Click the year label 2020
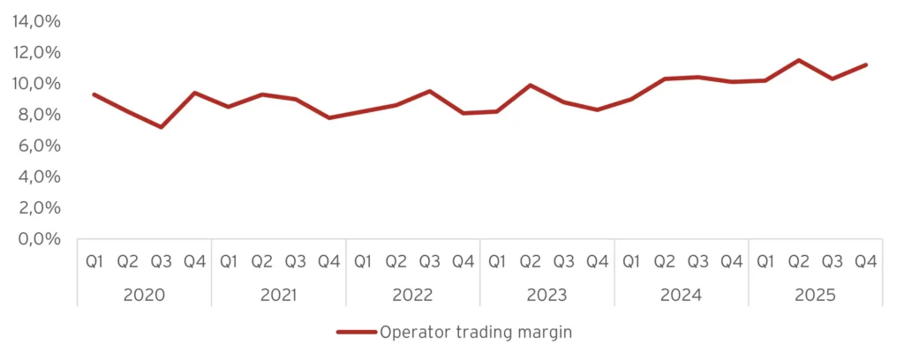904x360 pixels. (x=144, y=295)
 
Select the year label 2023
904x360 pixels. (x=546, y=295)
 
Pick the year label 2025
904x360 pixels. (x=815, y=295)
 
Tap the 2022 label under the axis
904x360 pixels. (x=412, y=295)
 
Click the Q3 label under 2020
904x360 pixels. (x=161, y=261)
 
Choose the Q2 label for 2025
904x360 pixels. (x=798, y=261)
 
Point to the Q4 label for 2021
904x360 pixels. (x=328, y=261)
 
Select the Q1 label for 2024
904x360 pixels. (x=630, y=261)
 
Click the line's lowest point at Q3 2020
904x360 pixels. (x=161, y=127)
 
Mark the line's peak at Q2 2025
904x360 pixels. (x=798, y=60)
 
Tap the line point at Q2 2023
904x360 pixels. (x=530, y=86)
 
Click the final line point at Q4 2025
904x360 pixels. (x=865, y=64)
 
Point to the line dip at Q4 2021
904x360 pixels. (x=328, y=117)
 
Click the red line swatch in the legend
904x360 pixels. (x=356, y=333)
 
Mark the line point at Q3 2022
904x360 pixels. (x=429, y=91)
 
